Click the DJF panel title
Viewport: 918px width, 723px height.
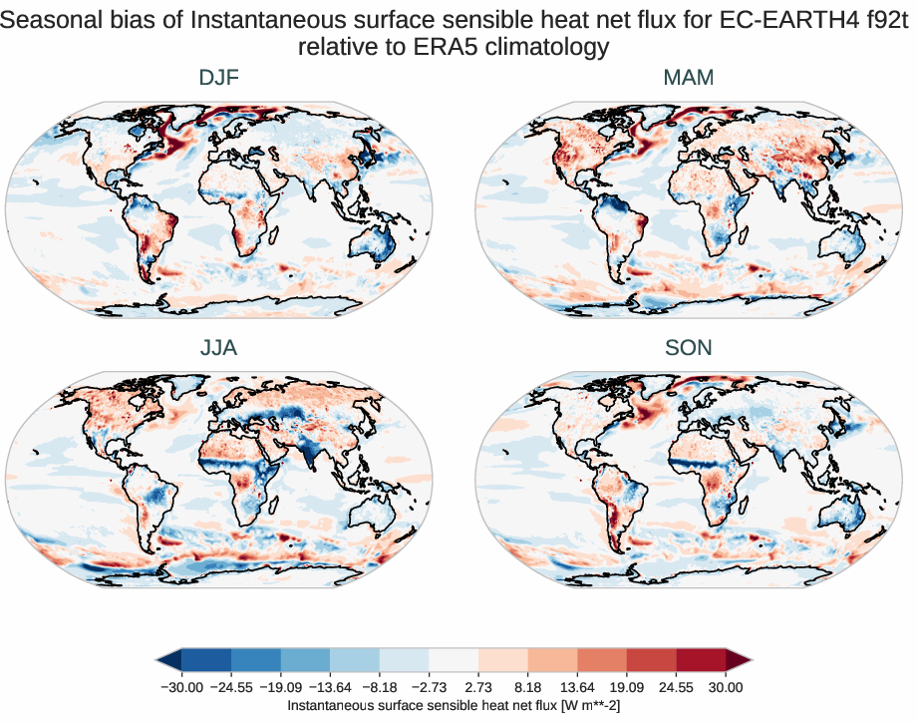point(219,78)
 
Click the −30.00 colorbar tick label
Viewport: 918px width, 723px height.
point(181,687)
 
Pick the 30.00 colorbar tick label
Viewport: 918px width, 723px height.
point(726,687)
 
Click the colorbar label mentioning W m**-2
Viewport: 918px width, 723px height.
point(454,705)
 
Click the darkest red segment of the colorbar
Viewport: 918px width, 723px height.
point(702,659)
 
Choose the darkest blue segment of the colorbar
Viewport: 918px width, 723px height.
point(206,659)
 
